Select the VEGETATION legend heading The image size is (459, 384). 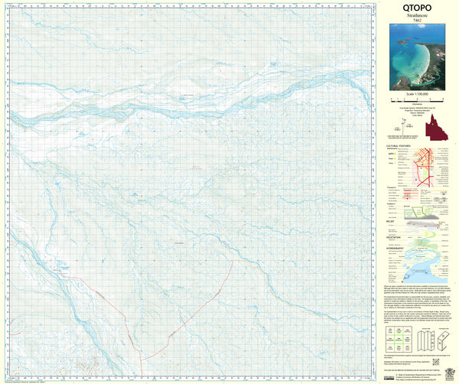click(395, 237)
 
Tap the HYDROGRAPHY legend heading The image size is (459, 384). click(396, 247)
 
